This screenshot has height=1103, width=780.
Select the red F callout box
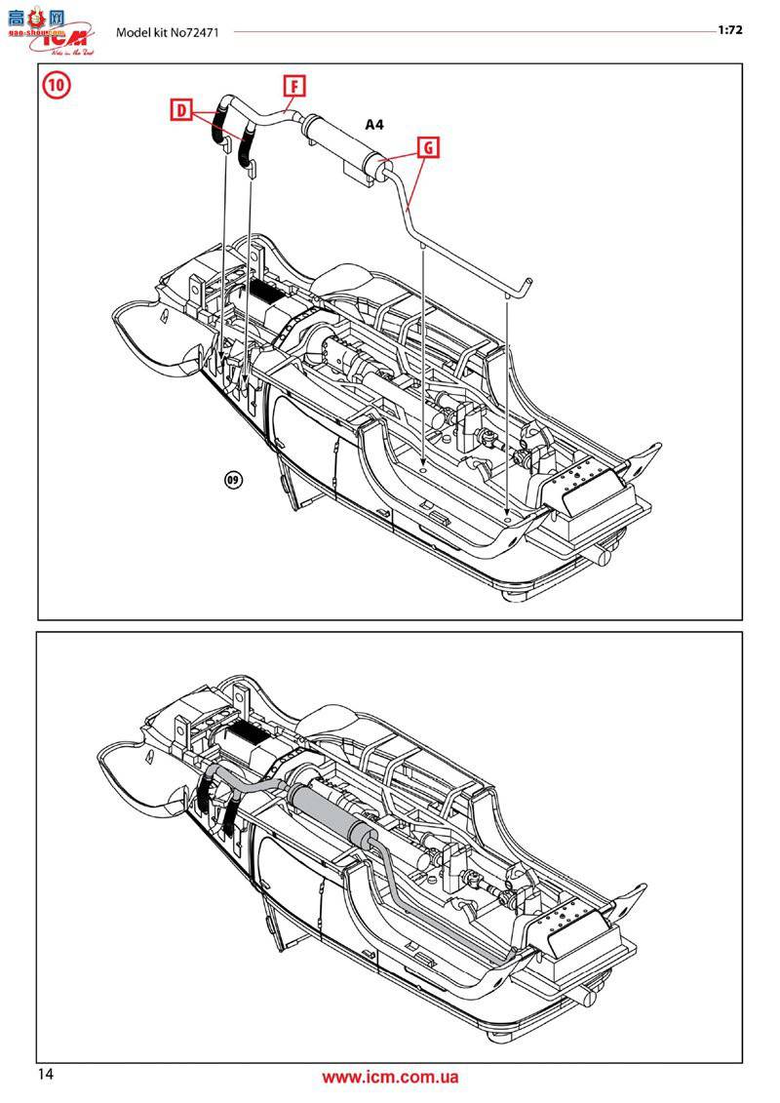[x=293, y=85]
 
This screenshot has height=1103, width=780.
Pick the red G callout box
[x=427, y=147]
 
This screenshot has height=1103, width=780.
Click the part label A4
[x=374, y=124]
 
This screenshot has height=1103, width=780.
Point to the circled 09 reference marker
[x=233, y=479]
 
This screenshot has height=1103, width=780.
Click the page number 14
[x=47, y=1075]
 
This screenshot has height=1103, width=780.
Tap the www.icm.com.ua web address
[x=390, y=1078]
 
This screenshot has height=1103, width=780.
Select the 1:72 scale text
[x=730, y=30]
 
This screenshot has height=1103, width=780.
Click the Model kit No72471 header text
[x=168, y=32]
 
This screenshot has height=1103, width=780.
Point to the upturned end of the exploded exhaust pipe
[x=525, y=285]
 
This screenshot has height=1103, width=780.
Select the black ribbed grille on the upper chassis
[x=265, y=289]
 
